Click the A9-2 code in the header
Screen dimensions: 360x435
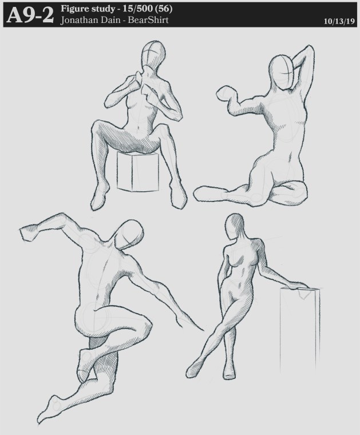pyautogui.click(x=30, y=15)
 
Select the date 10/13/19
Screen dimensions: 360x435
pyautogui.click(x=339, y=21)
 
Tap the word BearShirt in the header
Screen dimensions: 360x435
pyautogui.click(x=148, y=20)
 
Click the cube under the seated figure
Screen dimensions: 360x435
pyautogui.click(x=138, y=171)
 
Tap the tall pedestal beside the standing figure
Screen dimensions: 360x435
pyautogui.click(x=299, y=330)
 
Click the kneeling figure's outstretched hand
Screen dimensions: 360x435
pyautogui.click(x=226, y=94)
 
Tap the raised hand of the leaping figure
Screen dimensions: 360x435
pyautogui.click(x=29, y=232)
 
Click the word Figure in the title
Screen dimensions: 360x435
pyautogui.click(x=73, y=9)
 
